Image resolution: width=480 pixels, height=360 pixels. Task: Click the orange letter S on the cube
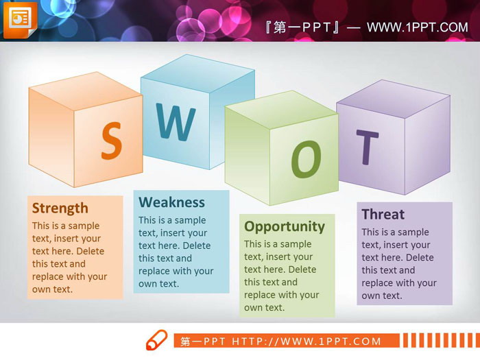111,141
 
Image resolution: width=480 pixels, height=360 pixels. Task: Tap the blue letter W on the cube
176,122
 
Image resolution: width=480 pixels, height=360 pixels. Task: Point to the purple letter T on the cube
367,147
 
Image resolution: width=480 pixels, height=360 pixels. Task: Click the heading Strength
60,208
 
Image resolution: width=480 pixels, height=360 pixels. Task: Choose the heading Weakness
171,202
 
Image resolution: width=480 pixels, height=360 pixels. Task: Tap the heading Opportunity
285,226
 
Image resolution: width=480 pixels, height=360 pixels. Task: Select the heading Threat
383,214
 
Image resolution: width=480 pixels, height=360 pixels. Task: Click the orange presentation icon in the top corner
20,20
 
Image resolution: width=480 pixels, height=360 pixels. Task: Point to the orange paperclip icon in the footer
156,340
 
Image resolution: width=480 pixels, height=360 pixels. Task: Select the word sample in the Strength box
83,226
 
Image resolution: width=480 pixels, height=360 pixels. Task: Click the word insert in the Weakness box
173,233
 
